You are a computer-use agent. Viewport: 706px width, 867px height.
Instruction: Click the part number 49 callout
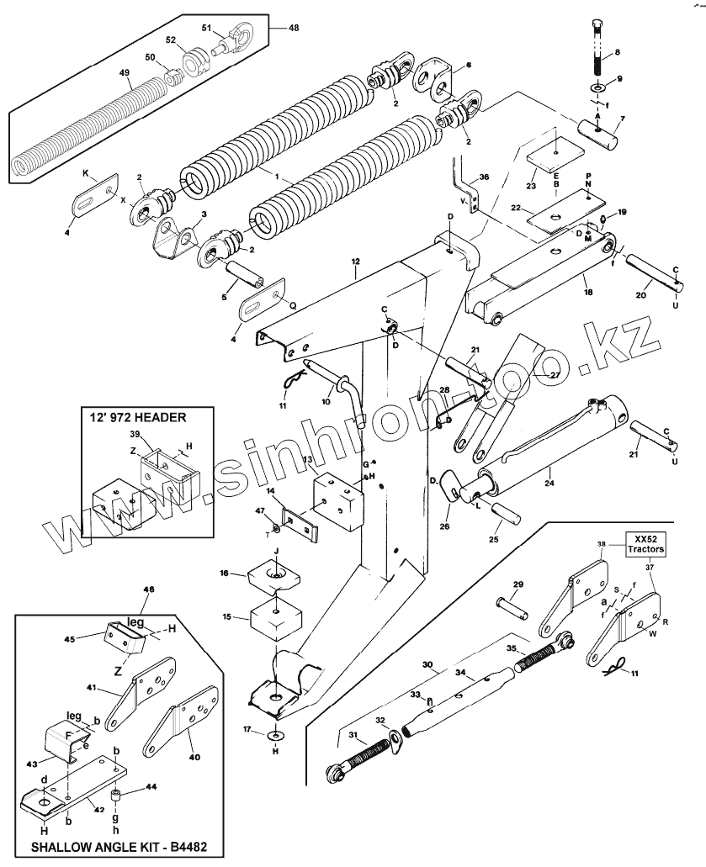(125, 74)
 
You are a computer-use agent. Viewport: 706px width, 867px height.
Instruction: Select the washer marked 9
(597, 87)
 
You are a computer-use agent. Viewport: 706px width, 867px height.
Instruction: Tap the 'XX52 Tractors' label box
(645, 543)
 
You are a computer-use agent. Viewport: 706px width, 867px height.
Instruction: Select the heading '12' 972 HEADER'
(138, 416)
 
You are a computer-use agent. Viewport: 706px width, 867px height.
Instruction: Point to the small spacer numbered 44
(117, 796)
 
